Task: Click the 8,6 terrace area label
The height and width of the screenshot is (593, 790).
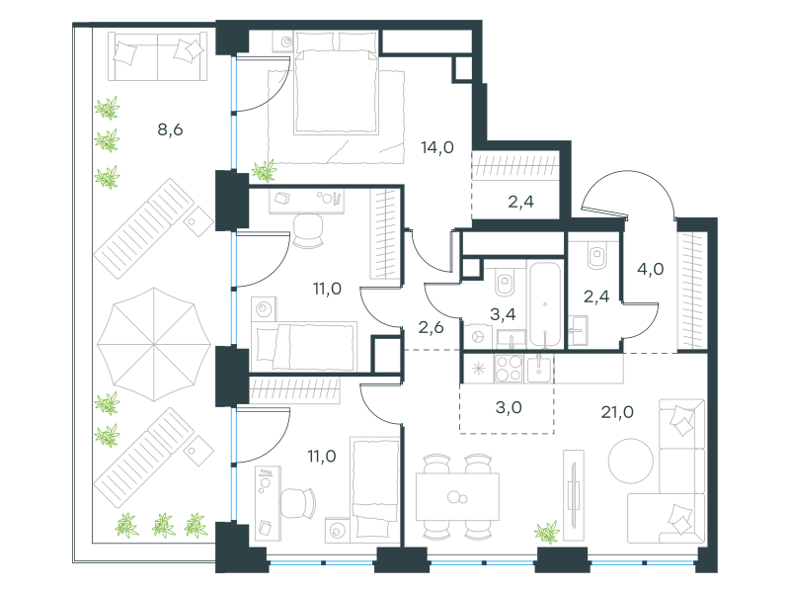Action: (170, 130)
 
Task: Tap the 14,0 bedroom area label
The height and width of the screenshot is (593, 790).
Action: (437, 147)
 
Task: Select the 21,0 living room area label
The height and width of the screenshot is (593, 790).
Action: (617, 412)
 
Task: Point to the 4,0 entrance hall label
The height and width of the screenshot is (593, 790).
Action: (650, 269)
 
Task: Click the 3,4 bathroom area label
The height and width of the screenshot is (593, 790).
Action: (503, 314)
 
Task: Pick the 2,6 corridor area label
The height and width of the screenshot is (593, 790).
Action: (431, 328)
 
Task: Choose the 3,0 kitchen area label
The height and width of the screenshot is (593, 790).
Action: (509, 407)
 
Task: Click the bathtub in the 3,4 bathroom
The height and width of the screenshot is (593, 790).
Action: (545, 303)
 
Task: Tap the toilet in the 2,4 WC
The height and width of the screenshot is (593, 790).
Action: (597, 256)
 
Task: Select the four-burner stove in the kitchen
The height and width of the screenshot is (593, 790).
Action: (509, 368)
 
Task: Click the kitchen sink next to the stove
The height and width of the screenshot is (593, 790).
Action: (539, 368)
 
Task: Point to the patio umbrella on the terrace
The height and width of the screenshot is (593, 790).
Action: (154, 344)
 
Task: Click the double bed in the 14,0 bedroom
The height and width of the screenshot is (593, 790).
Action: (336, 83)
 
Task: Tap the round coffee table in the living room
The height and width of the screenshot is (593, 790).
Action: (630, 461)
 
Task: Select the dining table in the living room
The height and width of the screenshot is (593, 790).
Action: (457, 497)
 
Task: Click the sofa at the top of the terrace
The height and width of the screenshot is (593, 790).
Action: (158, 56)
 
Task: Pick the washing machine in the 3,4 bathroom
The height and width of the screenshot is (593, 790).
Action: (478, 336)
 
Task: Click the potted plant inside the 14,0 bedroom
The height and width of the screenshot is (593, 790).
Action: (264, 170)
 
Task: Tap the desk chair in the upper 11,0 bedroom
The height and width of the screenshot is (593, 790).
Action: (307, 230)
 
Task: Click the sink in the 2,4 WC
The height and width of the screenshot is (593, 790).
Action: (579, 331)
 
